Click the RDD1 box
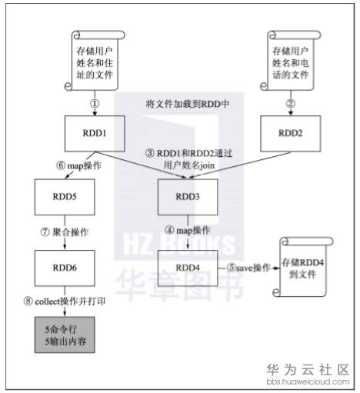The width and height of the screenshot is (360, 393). [x=95, y=133]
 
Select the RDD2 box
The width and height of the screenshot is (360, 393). [x=291, y=133]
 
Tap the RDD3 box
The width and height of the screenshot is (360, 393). [x=188, y=197]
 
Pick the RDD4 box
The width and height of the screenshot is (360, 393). [x=188, y=268]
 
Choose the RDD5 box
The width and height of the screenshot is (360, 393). [x=65, y=197]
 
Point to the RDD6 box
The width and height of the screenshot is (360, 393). [x=65, y=268]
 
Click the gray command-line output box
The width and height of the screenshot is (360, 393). [x=65, y=335]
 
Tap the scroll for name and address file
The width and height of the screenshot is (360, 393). [x=95, y=61]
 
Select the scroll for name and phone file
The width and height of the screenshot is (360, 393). [x=291, y=61]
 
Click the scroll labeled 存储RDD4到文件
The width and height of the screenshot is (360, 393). [x=302, y=267]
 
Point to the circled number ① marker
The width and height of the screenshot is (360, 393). [x=95, y=104]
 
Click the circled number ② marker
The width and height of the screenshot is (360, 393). [x=291, y=104]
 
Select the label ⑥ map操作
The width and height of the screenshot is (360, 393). [x=79, y=165]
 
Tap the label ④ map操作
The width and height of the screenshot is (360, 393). [x=188, y=230]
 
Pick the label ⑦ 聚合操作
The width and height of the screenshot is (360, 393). [x=65, y=232]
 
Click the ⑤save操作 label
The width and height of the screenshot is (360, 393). [x=248, y=268]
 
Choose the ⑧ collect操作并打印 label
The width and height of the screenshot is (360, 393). [x=65, y=301]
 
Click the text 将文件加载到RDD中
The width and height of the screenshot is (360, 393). [x=188, y=104]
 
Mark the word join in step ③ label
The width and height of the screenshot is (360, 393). [x=207, y=165]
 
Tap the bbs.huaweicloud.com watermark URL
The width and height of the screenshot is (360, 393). [x=308, y=381]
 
